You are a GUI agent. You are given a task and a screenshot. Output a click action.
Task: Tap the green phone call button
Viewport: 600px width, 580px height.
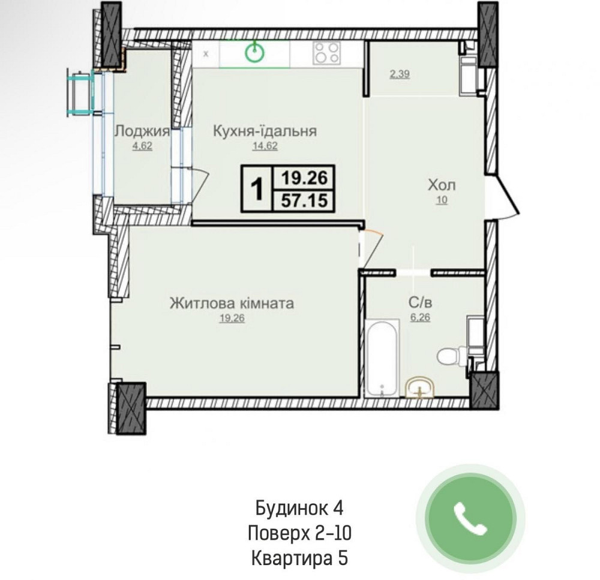coord(470,519)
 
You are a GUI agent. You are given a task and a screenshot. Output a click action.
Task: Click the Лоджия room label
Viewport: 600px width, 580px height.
coord(142,131)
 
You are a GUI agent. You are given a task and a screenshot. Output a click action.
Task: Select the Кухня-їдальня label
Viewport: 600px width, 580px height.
coord(265,131)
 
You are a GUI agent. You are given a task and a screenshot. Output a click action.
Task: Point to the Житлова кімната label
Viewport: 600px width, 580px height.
coord(232,303)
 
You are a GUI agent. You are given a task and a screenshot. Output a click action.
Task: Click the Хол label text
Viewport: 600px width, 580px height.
coord(442,185)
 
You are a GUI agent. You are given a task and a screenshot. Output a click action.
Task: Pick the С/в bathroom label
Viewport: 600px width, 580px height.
coord(420,303)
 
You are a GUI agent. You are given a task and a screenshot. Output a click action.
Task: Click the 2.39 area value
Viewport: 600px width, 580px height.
coord(400,74)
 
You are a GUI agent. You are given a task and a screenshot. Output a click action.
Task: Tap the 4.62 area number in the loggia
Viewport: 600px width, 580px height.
coord(142,146)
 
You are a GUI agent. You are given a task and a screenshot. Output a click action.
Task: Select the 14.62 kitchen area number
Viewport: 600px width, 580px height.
coord(265,146)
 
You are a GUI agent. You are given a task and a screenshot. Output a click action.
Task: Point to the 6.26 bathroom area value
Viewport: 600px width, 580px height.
coord(420,317)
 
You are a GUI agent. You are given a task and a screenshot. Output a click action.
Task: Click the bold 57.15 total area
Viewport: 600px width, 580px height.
coord(305,200)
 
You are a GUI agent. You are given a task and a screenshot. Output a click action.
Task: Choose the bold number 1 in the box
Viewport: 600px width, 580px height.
coord(257,188)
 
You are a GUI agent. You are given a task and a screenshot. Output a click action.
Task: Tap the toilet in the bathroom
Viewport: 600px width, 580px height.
coord(452,356)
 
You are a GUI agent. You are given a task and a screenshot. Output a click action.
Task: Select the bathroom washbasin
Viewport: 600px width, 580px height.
coord(420,388)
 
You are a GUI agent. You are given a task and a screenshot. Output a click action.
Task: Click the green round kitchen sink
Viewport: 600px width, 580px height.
coord(255,52)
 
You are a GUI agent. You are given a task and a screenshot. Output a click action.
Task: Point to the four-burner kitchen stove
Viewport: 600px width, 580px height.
coord(326,53)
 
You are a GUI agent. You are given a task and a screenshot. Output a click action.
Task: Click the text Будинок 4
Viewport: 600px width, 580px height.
coord(299,508)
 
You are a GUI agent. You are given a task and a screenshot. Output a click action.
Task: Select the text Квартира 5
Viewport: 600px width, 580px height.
coord(299,558)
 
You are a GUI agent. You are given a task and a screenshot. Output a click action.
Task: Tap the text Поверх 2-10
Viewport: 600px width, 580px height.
coord(299,533)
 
